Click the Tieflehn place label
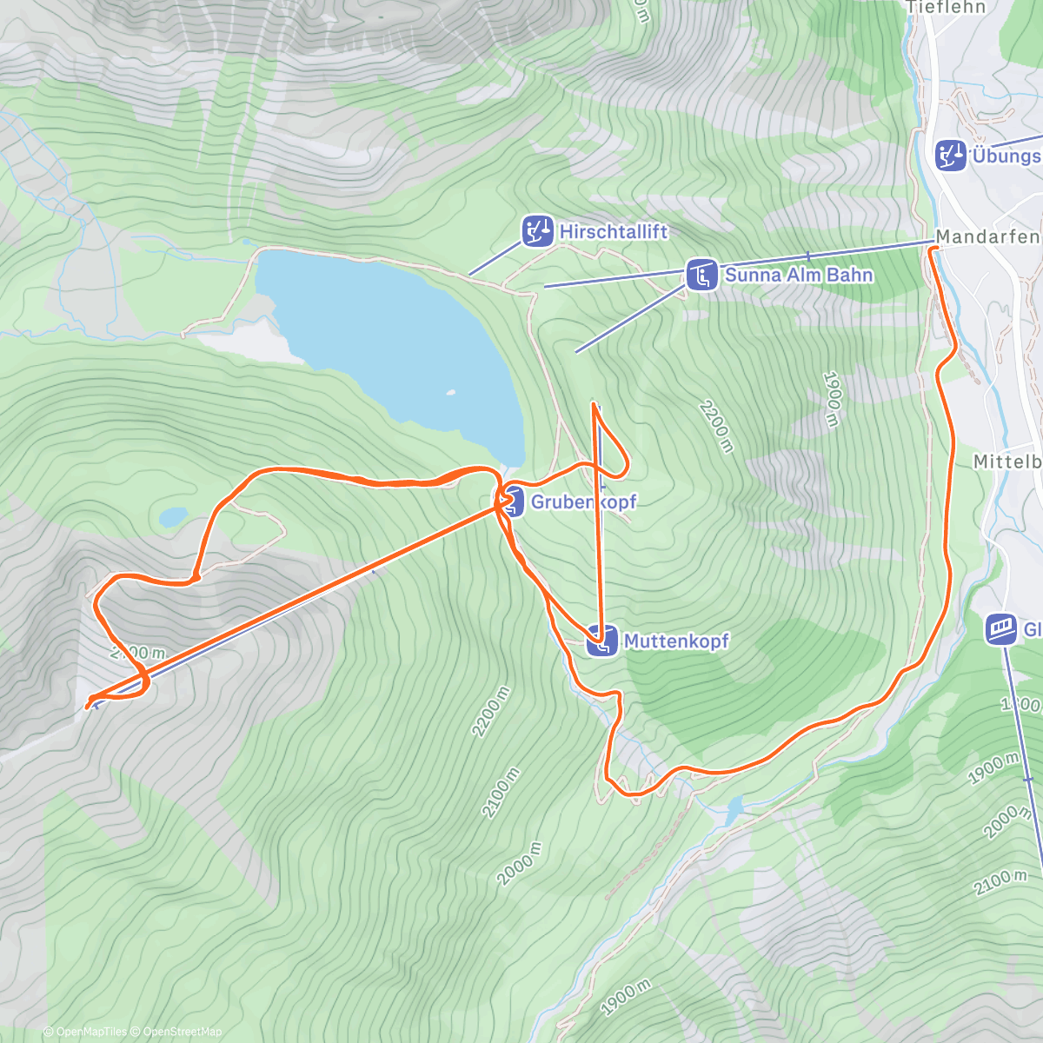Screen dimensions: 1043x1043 point(947,8)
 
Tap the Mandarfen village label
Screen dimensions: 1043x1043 point(987,236)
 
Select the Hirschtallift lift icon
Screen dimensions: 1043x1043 point(537,231)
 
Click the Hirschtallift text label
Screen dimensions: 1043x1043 point(614,231)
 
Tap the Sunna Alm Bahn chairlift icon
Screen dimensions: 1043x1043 point(701,275)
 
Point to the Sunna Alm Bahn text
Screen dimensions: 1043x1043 point(799,275)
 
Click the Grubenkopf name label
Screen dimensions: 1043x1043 point(583,502)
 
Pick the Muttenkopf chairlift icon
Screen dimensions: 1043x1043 point(602,641)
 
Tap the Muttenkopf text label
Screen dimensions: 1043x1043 point(676,641)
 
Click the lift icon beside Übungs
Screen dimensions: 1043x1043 point(951,156)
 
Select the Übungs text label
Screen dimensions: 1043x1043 point(1006,156)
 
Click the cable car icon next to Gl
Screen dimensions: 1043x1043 point(1001,629)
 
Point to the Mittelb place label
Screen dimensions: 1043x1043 point(1006,462)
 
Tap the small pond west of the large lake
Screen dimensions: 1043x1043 point(172,517)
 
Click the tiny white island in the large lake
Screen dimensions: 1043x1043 point(450,393)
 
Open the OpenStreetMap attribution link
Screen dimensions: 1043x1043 point(183,1032)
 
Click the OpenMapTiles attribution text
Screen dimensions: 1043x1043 point(91,1032)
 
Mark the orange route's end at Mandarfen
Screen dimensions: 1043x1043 point(932,249)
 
